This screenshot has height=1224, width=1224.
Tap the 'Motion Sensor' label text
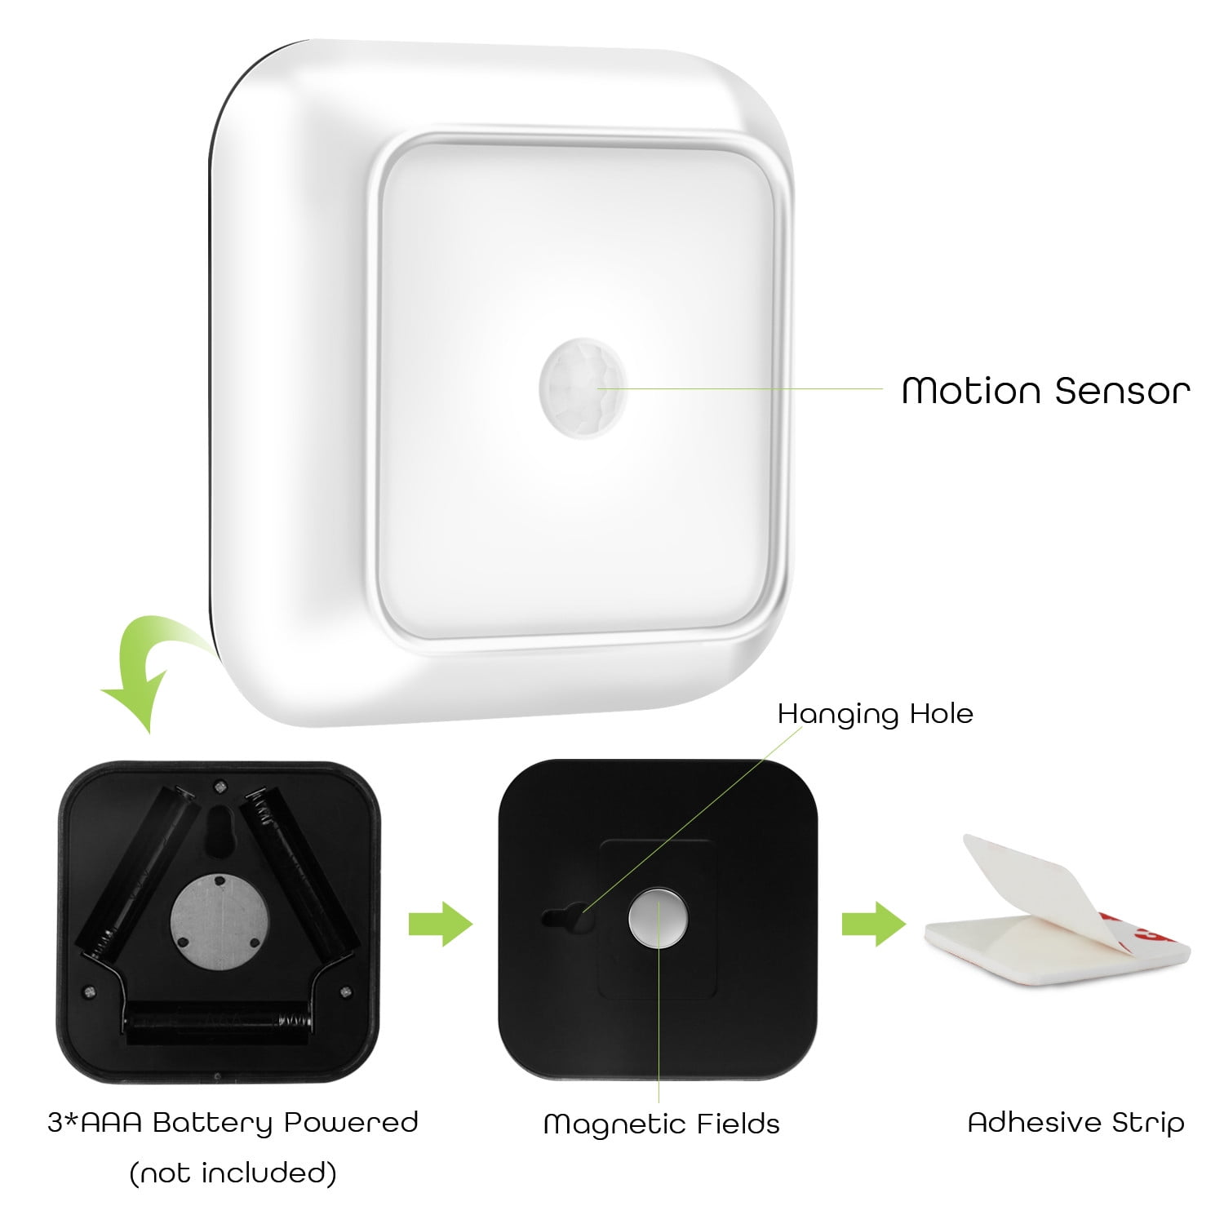coord(1045,391)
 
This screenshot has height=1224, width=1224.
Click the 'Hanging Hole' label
coord(875,714)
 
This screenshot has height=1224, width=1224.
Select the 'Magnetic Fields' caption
coord(661,1124)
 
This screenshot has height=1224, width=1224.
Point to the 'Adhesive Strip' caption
coord(1075,1122)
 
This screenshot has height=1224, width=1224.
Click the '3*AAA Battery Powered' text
coord(233,1122)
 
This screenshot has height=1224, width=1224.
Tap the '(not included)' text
coord(233,1173)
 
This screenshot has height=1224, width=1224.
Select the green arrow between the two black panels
coord(441,925)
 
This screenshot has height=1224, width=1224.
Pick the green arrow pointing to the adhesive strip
coord(874,925)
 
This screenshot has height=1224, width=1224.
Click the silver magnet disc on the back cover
coord(658,919)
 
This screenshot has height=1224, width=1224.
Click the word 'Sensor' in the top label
coord(1122,391)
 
